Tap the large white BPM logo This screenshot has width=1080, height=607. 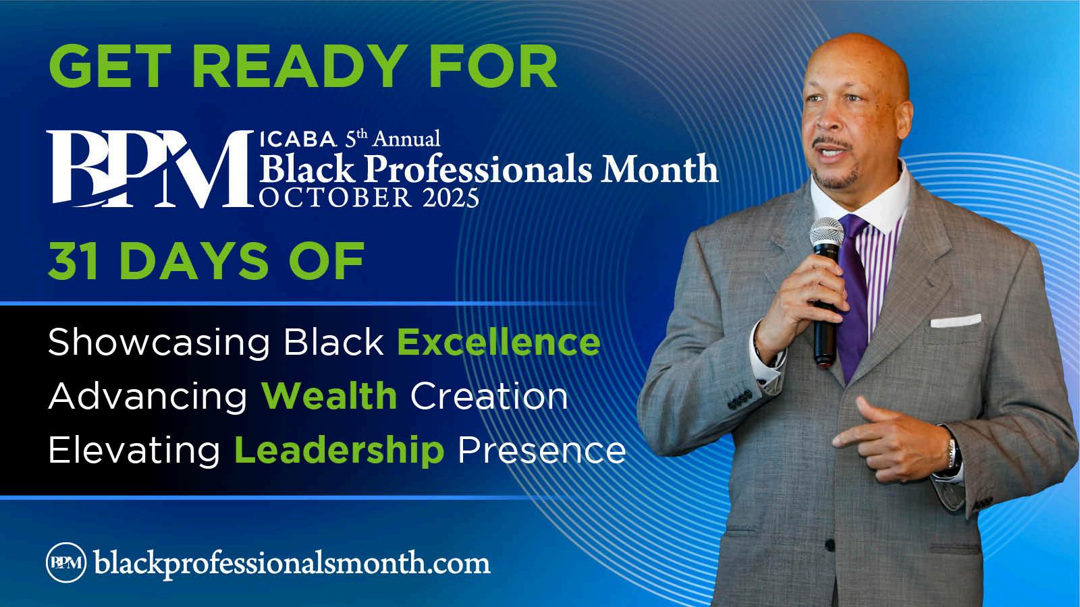(x=151, y=169)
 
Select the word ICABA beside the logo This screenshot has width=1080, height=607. (x=298, y=139)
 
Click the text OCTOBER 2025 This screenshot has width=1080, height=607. (x=369, y=198)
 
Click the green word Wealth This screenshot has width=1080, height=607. (x=329, y=396)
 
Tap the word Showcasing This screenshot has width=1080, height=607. (x=159, y=343)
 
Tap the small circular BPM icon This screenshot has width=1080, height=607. (x=66, y=562)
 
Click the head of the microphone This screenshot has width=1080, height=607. (x=826, y=233)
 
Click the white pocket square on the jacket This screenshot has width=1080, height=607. (x=956, y=320)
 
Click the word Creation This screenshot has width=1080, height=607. (x=489, y=396)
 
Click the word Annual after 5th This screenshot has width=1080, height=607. (x=406, y=139)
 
